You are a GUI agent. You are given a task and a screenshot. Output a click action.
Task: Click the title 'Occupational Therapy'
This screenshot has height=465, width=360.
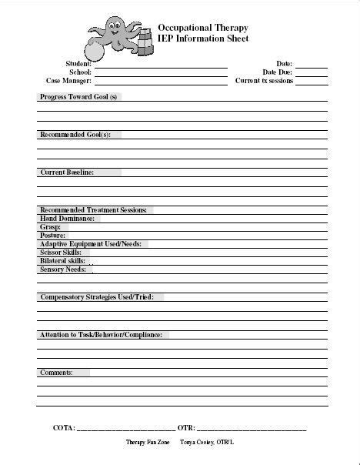click(x=203, y=25)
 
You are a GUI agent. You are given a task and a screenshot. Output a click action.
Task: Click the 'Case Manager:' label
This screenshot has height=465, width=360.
click(x=68, y=80)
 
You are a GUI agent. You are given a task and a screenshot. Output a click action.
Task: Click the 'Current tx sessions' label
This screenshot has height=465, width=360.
click(x=263, y=80)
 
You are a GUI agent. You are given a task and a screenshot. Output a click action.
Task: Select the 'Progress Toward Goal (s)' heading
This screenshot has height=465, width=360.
click(x=79, y=97)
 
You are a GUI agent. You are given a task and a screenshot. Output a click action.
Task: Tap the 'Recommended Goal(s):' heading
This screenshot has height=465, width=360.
click(x=75, y=135)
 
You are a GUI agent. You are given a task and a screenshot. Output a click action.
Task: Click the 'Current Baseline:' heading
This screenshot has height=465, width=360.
click(x=67, y=172)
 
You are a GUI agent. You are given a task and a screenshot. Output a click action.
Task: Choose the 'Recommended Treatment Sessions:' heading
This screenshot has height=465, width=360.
click(x=93, y=210)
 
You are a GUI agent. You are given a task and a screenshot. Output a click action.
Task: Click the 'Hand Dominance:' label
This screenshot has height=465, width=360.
click(x=67, y=219)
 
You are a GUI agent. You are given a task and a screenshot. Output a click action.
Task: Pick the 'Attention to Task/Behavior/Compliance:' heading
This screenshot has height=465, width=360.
click(x=101, y=335)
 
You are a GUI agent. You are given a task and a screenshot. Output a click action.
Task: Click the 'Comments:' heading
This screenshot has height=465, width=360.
click(x=57, y=373)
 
